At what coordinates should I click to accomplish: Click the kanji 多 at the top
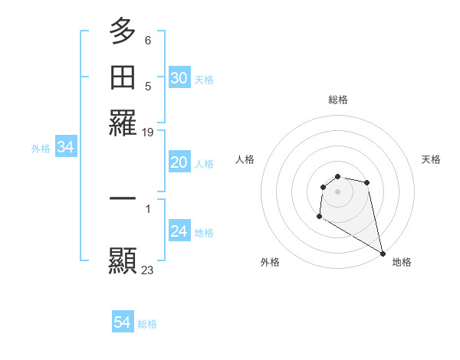tap(123, 31)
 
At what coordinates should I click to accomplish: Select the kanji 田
tap(123, 77)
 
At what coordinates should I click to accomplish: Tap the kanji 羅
tap(123, 123)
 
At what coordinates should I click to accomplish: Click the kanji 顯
tap(123, 260)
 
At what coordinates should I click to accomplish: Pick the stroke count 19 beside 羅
tap(147, 132)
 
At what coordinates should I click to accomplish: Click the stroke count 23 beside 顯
tap(147, 270)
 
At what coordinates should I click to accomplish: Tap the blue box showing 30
tap(179, 78)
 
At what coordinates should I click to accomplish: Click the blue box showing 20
tap(179, 162)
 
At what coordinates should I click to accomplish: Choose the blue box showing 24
tap(179, 231)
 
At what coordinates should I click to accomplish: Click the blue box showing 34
tap(65, 147)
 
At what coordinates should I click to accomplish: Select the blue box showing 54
tap(123, 322)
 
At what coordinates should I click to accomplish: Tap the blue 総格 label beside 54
tap(147, 324)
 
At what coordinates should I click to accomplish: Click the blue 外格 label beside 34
tap(41, 149)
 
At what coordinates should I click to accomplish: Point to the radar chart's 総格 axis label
tap(337, 100)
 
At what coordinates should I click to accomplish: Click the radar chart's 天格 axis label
tap(431, 159)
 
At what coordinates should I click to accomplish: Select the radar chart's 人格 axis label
tap(245, 159)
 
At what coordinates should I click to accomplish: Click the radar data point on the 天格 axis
tap(367, 182)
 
